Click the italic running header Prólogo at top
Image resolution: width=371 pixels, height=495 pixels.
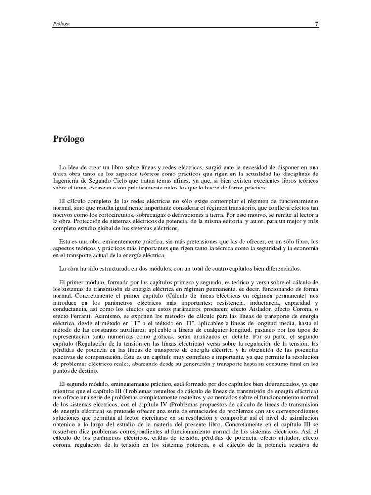pos(61,23)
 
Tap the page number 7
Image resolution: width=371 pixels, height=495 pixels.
pos(316,23)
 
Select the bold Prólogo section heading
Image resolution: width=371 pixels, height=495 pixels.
pos(69,139)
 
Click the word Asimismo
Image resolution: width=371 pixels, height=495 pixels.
pos(100,322)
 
